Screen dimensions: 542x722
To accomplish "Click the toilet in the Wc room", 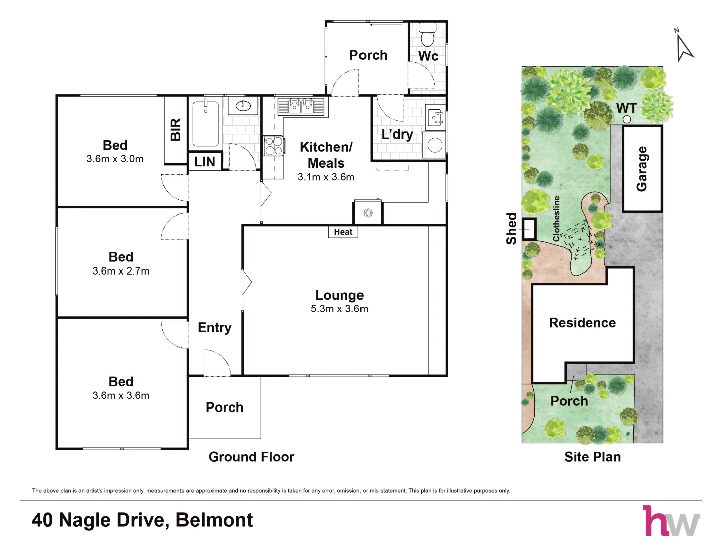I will point(428,35).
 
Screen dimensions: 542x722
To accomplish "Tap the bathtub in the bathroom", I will point(205,124).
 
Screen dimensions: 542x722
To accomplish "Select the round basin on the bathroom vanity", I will point(243,106).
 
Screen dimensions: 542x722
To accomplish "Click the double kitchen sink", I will point(301,106).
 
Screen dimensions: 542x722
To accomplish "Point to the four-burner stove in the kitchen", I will point(273,146).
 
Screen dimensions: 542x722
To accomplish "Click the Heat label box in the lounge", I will point(343,232).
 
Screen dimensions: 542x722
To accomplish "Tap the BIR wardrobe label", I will point(176,129).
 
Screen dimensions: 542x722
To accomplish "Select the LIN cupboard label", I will point(205,162).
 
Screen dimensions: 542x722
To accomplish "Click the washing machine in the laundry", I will point(435,146).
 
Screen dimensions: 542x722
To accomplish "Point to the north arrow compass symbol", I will point(684,46).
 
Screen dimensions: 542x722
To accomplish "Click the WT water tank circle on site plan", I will point(627,119).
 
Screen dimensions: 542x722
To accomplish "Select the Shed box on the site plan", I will point(529,229).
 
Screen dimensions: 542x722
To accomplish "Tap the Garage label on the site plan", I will point(642,169).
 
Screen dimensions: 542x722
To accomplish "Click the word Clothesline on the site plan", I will point(556,219).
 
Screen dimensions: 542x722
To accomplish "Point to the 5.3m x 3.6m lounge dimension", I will point(339,309).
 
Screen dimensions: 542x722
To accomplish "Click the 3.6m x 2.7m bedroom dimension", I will point(121,271).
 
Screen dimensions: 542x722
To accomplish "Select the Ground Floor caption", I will point(251,457).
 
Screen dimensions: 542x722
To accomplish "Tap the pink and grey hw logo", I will point(671,521).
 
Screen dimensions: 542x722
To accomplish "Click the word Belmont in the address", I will point(215,520).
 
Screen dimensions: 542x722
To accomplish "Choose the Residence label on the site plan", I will point(582,323).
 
